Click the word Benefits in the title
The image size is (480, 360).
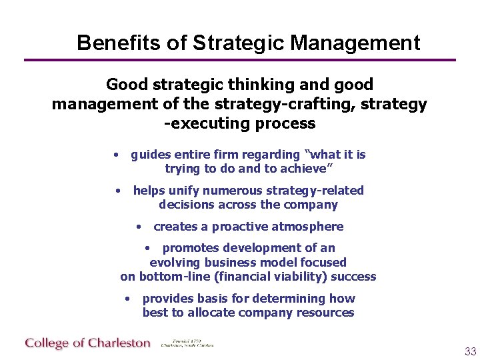click(x=119, y=43)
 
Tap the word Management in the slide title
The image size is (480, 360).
click(x=355, y=43)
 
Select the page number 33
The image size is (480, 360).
click(x=471, y=351)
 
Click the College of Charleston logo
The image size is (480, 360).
click(x=88, y=343)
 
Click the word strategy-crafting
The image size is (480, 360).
click(x=279, y=105)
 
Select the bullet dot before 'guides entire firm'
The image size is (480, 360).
click(x=116, y=155)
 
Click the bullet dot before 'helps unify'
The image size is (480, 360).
click(x=117, y=191)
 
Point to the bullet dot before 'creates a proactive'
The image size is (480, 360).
click(x=138, y=227)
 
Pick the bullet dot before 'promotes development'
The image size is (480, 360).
click(x=147, y=248)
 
